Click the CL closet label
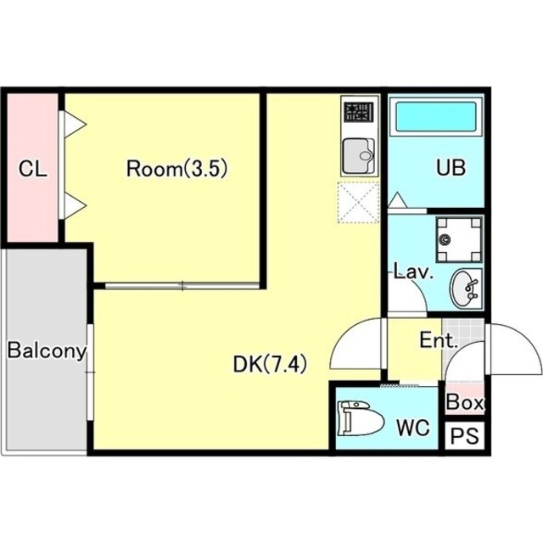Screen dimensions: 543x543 coord(33,169)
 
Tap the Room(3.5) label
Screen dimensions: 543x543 coord(176,169)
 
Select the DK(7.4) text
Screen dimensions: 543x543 coord(270,364)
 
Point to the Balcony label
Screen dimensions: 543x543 coord(47,350)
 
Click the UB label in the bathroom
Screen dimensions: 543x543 coord(451,168)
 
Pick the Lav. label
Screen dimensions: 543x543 coord(414,272)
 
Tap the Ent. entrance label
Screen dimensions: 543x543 coord(439,340)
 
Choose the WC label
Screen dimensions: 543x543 coord(413,428)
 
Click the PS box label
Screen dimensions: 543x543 coord(464,436)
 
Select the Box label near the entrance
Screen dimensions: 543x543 coord(465,402)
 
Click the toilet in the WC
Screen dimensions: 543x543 coord(361,418)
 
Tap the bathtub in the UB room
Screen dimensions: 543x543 coord(435,117)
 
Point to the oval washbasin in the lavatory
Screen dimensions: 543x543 coord(464,288)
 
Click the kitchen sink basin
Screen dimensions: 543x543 coord(359,156)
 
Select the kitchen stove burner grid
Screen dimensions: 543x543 coord(360,113)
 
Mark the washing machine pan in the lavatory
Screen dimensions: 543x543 coord(459,239)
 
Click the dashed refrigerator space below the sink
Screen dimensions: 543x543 coord(359,203)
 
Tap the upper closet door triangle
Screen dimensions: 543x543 coord(75,124)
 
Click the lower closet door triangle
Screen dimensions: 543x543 coord(75,206)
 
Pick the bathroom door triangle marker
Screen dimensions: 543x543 coord(398,200)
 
